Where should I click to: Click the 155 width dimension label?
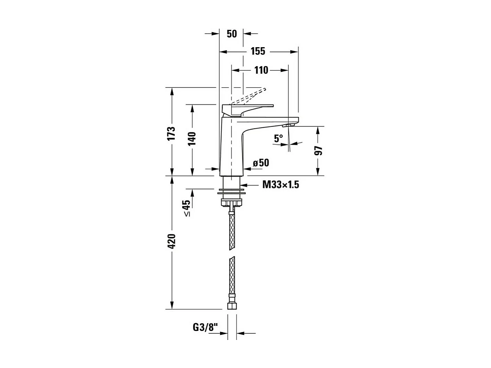coord(258,51)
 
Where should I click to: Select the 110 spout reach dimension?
coord(261,70)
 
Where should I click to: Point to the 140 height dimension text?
coord(192,139)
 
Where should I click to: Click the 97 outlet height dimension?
coord(318,151)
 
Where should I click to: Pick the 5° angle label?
coord(278,138)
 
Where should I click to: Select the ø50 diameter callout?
coord(261,163)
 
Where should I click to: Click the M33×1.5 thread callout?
coord(280,185)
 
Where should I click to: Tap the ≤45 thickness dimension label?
coord(187,208)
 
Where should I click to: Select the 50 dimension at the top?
coord(232,34)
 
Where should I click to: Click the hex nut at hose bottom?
coord(232,305)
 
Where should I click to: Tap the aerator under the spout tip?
coord(288,125)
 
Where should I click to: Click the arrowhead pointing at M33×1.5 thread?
coord(245,185)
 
